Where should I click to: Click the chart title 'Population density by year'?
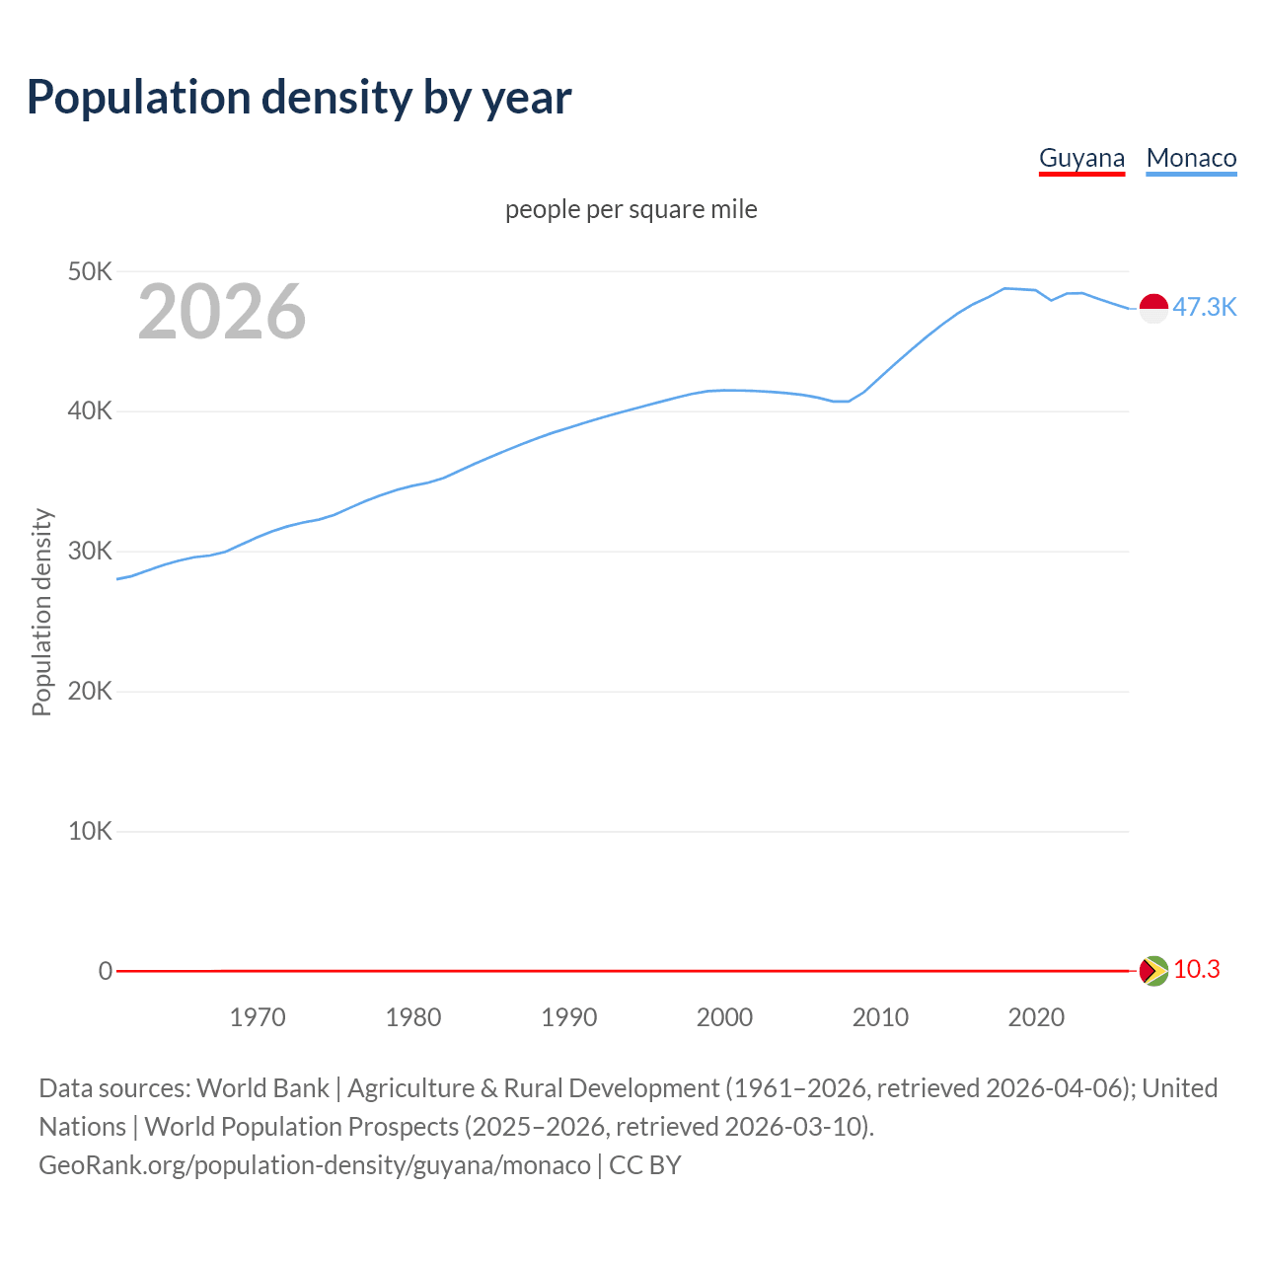point(299,97)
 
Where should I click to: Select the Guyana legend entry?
point(1081,158)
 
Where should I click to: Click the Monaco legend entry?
point(1191,158)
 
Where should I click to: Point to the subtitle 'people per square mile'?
point(631,209)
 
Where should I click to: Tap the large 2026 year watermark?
point(222,311)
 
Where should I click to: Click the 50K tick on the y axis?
point(90,271)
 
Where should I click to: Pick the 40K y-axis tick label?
point(90,411)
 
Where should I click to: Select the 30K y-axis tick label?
point(90,552)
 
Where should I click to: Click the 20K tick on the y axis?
point(90,691)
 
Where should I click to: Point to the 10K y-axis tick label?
point(90,831)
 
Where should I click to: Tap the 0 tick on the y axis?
point(105,971)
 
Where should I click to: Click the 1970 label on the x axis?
point(258,1017)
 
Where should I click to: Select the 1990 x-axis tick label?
point(569,1017)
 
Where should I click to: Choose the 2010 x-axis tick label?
point(880,1017)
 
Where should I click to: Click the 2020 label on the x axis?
point(1036,1017)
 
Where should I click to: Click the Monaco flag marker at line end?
point(1153,308)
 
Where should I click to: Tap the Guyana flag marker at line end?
point(1153,971)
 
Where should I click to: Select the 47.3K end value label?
point(1204,307)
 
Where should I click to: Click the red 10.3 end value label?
point(1196,969)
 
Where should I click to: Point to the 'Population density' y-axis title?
point(41,612)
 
